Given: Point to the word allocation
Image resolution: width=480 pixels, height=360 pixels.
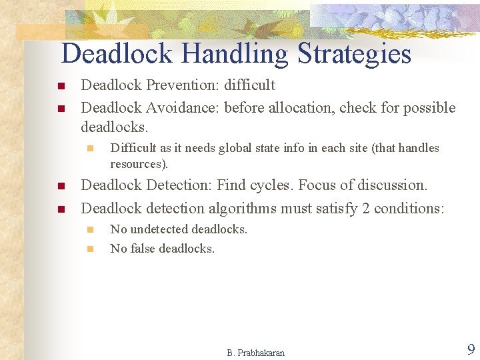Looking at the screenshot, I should [301, 108].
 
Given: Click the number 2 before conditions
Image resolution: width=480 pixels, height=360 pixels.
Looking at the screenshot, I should [365, 208].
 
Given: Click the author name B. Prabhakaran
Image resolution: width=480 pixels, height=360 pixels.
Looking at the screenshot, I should [255, 353].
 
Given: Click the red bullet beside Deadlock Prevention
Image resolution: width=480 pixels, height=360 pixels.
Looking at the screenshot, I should [60, 86].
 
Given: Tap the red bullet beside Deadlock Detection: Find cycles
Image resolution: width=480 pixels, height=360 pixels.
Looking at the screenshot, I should [60, 186].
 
